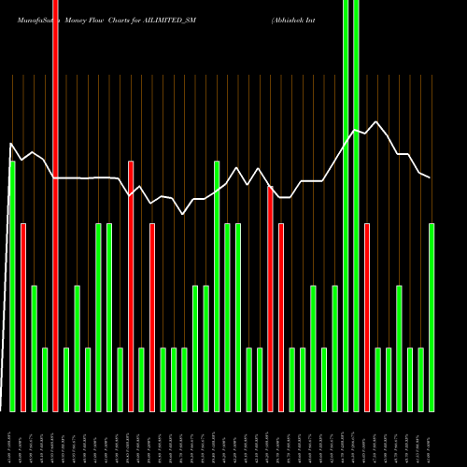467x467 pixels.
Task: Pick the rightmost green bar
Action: click(x=432, y=318)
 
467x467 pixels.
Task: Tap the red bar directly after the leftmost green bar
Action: click(x=23, y=318)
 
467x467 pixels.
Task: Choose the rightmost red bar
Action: click(x=367, y=318)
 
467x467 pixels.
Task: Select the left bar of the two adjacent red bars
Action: click(x=270, y=299)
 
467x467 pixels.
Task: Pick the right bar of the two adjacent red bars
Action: click(x=280, y=318)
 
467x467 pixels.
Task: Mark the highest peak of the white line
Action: click(x=377, y=121)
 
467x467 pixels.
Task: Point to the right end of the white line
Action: click(x=431, y=177)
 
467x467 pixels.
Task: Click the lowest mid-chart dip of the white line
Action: click(x=183, y=214)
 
